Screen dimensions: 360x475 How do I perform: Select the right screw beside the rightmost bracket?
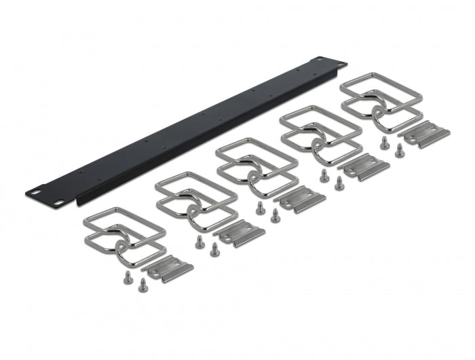click(x=398, y=150)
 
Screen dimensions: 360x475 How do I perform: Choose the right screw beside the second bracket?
click(x=214, y=247)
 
